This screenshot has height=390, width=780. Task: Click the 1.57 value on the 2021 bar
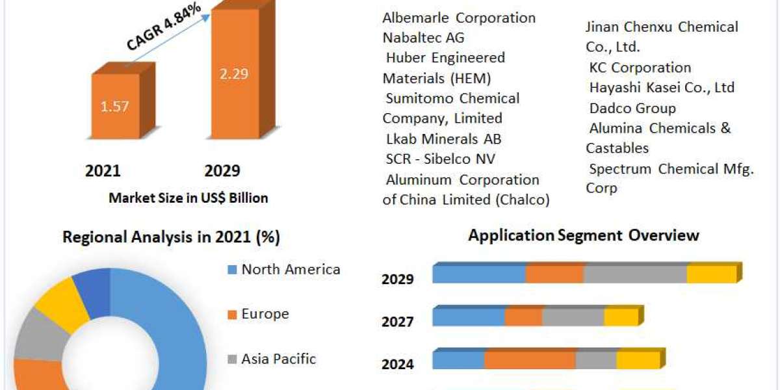pos(114,105)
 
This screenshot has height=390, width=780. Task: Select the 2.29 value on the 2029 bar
pos(233,73)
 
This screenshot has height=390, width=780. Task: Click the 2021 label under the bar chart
pos(103,171)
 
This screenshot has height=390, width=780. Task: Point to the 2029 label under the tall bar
pos(222,171)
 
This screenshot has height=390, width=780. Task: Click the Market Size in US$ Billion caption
pos(188,198)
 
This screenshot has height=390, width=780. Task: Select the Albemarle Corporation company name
pos(459,18)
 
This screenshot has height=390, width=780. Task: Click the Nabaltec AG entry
pos(423,38)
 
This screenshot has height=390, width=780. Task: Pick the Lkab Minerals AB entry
pos(443,139)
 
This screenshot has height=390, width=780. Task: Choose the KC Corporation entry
pos(640,68)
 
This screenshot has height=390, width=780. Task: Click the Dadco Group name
pos(632,108)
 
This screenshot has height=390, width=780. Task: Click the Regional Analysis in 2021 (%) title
pos(171,237)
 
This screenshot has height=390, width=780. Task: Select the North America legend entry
pos(290,269)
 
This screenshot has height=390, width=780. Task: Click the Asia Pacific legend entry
pos(278,358)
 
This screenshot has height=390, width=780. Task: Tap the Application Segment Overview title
pos(584,235)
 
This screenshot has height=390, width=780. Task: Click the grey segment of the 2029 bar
pos(635,274)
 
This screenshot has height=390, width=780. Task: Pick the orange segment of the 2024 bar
pos(530,359)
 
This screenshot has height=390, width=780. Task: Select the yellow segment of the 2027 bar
pos(621,317)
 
